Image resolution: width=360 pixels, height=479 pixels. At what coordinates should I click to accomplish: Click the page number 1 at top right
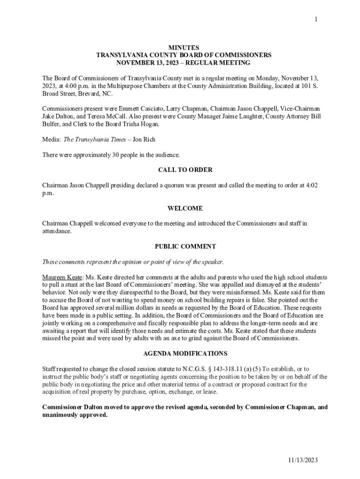316,19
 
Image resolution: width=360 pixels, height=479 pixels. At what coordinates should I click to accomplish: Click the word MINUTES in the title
183,48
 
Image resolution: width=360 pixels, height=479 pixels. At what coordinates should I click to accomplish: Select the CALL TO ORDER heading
185,170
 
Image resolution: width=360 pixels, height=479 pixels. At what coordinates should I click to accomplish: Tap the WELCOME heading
185,208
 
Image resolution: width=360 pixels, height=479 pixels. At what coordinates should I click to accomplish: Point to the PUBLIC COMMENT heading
185,247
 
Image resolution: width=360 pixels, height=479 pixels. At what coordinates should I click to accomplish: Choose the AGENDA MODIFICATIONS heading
185,354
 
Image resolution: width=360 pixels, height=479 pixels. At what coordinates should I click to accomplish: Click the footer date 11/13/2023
302,460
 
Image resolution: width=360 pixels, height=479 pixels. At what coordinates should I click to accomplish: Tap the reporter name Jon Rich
144,139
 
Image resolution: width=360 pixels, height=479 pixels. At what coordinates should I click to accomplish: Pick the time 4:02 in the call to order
311,185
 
